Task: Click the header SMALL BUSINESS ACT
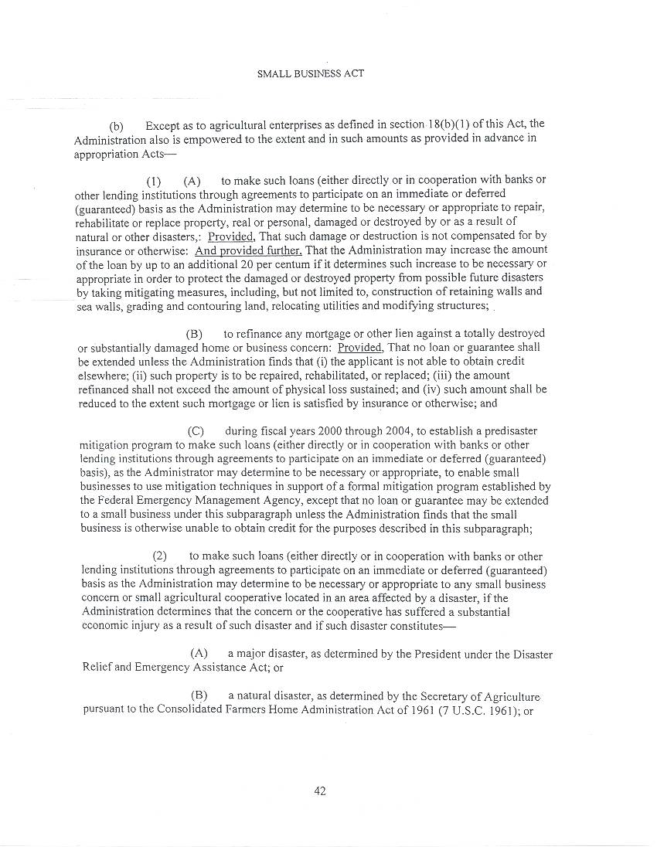coord(310,74)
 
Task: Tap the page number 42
coord(320,790)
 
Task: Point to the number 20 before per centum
coord(247,264)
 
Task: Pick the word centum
coord(294,264)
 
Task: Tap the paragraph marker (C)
coord(196,431)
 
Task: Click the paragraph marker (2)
coord(160,556)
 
